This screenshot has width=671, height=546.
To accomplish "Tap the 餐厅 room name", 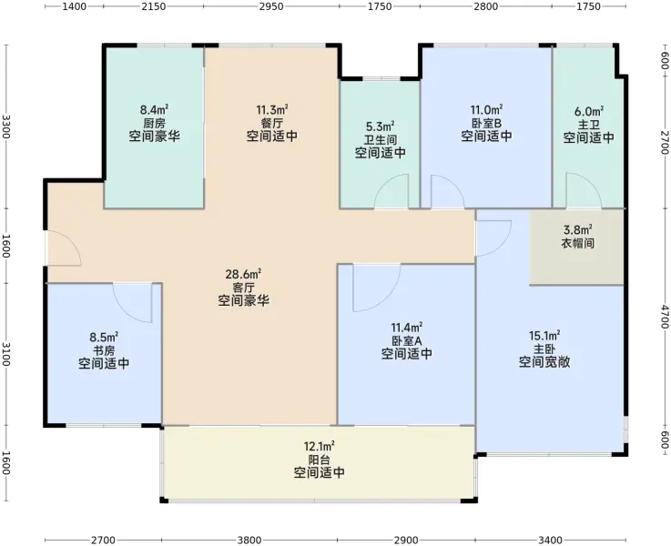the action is (272, 123).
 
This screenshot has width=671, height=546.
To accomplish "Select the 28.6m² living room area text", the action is (243, 274).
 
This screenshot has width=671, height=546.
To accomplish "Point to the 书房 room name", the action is (104, 351).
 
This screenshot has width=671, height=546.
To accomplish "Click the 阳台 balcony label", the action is (320, 460).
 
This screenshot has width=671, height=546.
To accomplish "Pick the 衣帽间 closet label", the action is (578, 243).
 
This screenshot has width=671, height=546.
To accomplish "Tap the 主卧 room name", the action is (544, 349).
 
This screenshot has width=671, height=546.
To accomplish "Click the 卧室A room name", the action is (407, 340).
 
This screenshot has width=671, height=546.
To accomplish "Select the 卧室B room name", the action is (486, 123).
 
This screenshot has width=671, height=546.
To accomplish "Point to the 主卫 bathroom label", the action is (589, 125).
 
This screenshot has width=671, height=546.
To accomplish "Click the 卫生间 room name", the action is (381, 140).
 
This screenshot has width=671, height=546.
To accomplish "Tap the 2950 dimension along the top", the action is (271, 6).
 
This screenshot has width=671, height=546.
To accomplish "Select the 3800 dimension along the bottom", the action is (249, 541).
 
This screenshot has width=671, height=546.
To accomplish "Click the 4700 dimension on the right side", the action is (664, 317).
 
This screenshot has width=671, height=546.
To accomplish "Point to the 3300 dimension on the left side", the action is (6, 126).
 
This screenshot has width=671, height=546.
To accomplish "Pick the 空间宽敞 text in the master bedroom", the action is (544, 362).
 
